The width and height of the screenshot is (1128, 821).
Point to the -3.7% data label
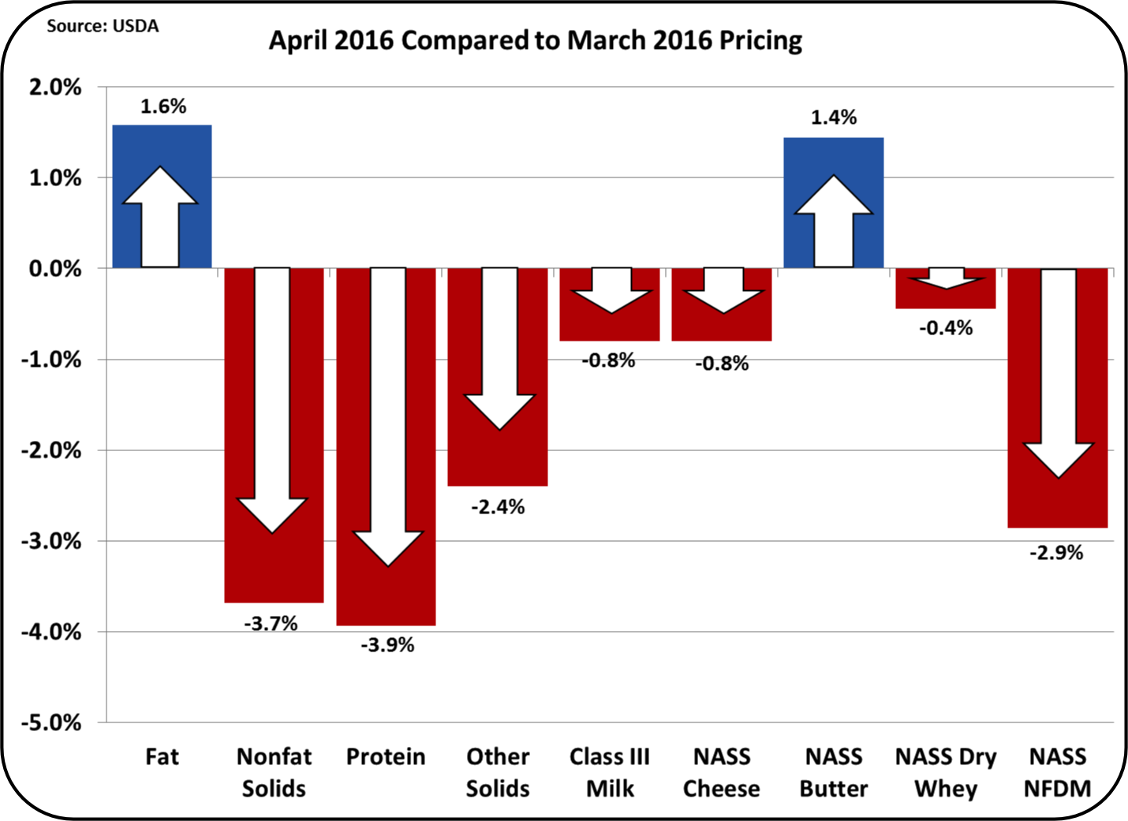click(x=271, y=624)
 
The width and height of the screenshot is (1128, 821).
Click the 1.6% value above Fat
click(x=163, y=106)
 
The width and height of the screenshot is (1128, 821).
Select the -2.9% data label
click(x=1055, y=553)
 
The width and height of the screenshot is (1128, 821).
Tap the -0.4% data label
click(x=945, y=328)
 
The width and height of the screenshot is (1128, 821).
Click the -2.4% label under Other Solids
click(x=498, y=507)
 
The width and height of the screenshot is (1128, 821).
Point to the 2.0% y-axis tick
click(x=55, y=88)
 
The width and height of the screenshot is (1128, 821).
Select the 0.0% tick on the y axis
click(x=55, y=269)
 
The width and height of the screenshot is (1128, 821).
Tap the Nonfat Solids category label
click(x=274, y=772)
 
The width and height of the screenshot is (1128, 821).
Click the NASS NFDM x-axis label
click(x=1057, y=772)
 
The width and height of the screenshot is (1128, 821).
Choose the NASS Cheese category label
click(x=721, y=772)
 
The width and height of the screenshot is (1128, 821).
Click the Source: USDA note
click(x=103, y=26)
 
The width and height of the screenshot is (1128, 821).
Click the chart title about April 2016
click(x=535, y=40)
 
